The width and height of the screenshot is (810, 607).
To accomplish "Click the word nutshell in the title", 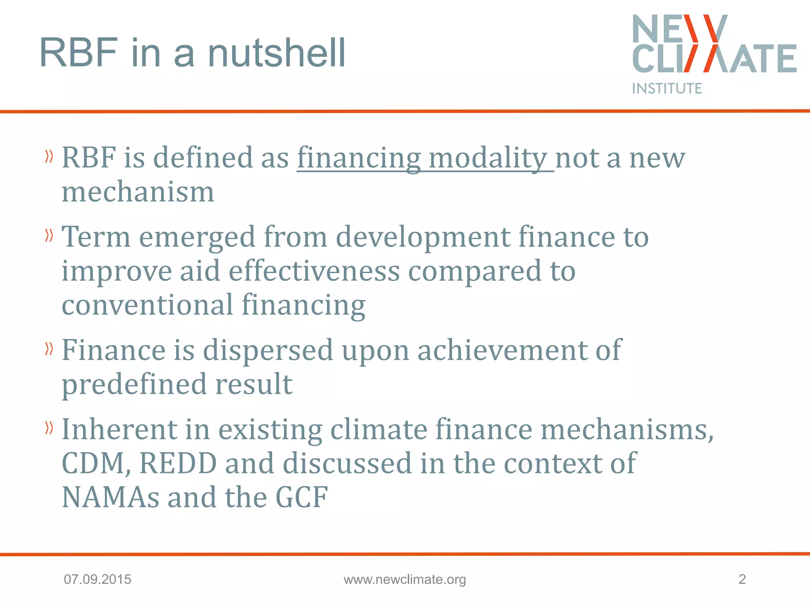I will pos(276,53).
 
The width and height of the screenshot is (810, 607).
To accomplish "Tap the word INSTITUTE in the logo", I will pos(667,89).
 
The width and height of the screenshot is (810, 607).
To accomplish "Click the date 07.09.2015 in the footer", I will pos(97,579).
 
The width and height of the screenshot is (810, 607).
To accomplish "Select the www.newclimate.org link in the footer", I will pos(405,579).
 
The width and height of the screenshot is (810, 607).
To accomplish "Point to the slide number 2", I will pos(742,579).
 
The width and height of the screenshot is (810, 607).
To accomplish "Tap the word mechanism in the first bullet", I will pos(138,192).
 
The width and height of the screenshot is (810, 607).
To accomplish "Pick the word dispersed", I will pos(268,350).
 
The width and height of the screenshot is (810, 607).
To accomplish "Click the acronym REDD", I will pos(178,463).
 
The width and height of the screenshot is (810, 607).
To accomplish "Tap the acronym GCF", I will pos(301,497).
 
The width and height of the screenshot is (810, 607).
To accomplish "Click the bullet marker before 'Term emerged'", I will pos(49,236).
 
